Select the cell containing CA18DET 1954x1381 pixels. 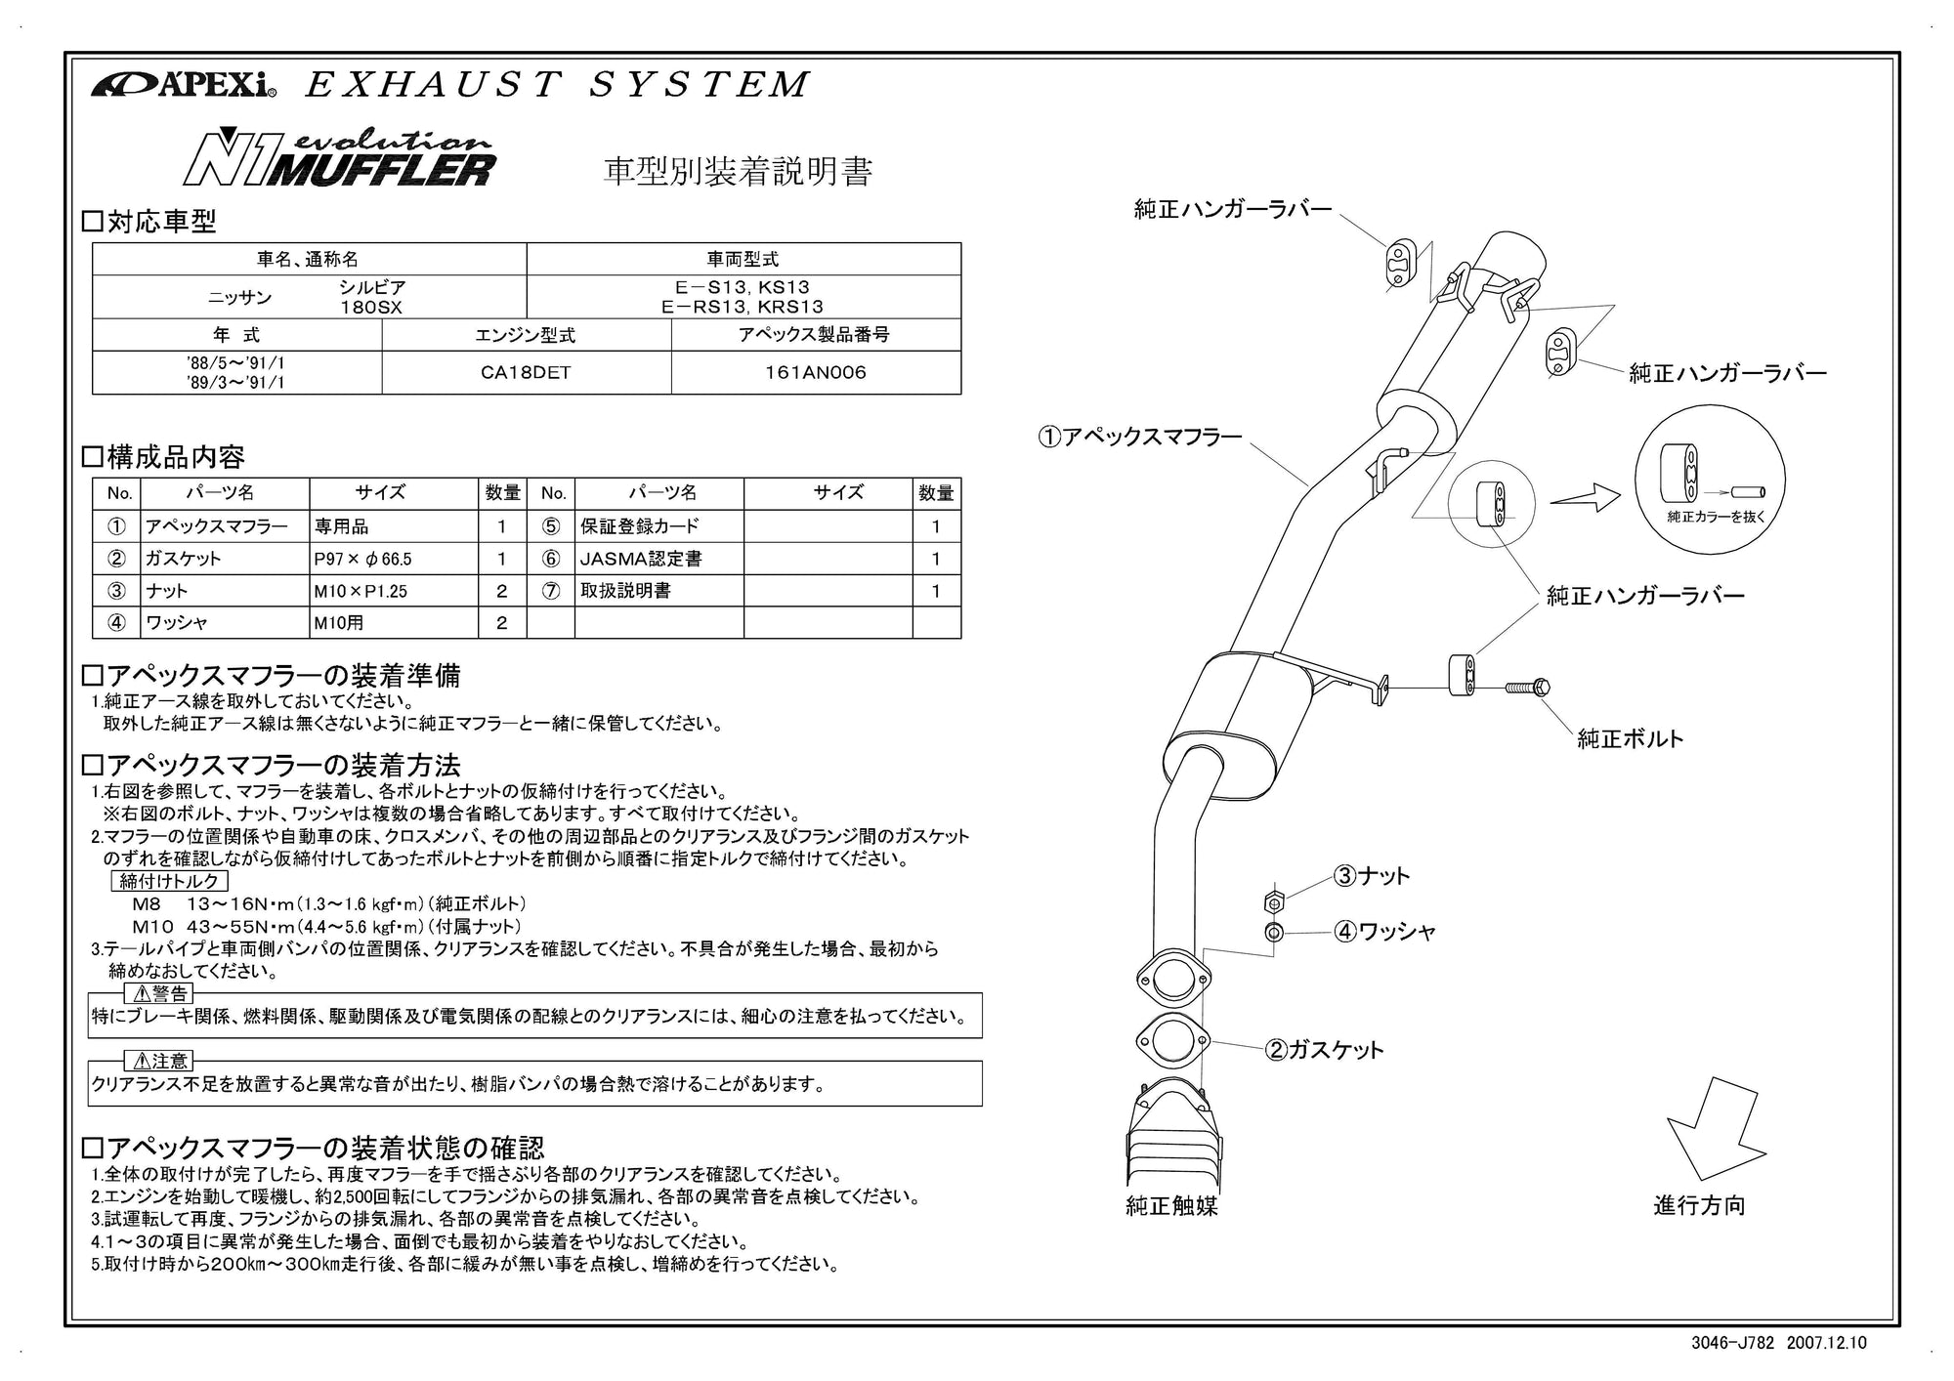tap(526, 373)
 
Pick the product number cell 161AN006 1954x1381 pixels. tap(815, 373)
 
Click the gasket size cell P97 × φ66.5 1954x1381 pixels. tap(393, 559)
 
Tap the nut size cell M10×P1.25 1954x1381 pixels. tap(393, 591)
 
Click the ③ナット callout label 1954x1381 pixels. tap(1373, 876)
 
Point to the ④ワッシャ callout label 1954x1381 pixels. tap(1385, 932)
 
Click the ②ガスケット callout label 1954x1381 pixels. tap(1325, 1050)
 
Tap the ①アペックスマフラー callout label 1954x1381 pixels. tap(1139, 437)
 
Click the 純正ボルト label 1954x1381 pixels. tap(1631, 738)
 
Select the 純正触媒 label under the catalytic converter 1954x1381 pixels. tap(1171, 1206)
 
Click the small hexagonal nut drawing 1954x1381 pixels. tap(1272, 900)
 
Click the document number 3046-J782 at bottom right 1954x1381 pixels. tap(1733, 1343)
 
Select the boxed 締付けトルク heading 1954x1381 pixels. tap(171, 881)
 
